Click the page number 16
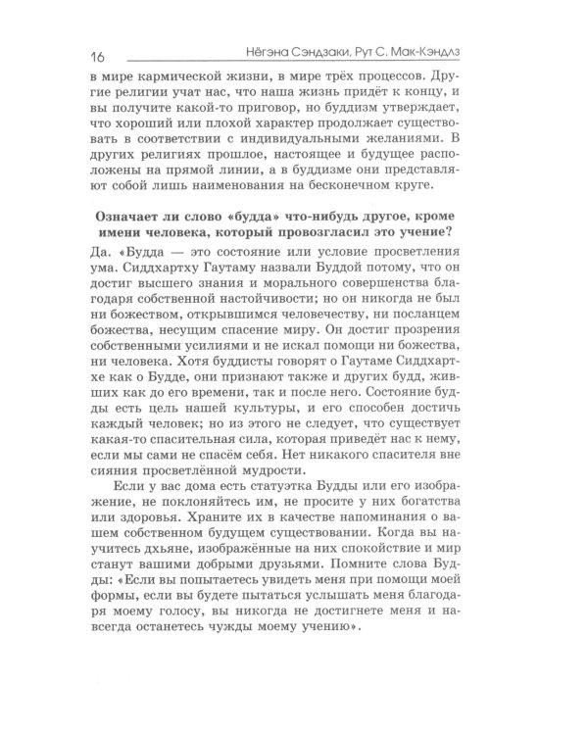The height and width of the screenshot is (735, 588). [x=96, y=51]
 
